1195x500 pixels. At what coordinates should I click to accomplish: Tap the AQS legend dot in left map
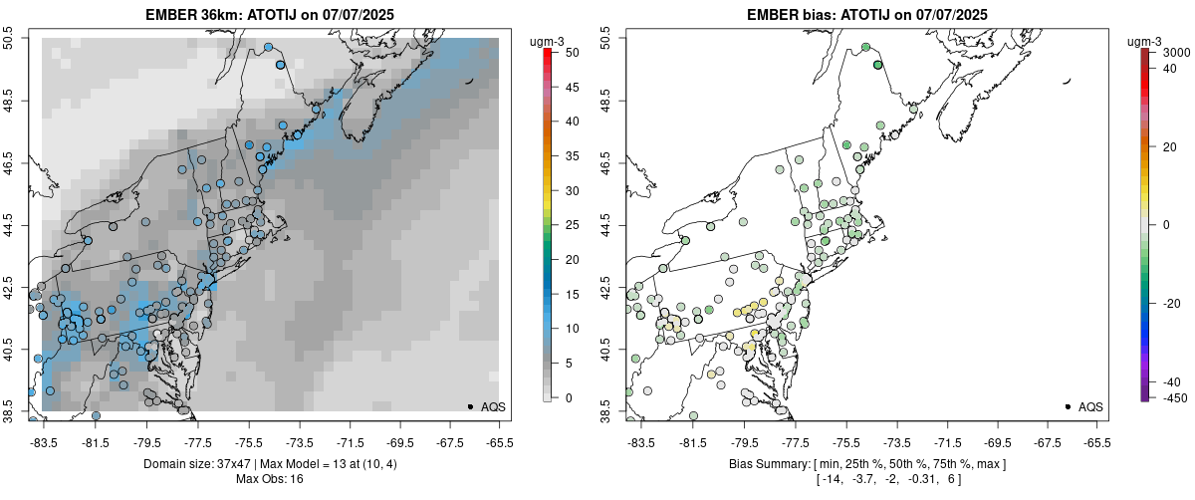click(x=469, y=406)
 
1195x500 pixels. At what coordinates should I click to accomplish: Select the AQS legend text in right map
click(x=1090, y=406)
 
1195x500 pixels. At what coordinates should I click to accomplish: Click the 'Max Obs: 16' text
click(x=270, y=479)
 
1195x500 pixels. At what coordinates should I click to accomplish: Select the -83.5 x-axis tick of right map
click(x=641, y=442)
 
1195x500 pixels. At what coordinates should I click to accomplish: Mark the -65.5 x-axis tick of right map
click(x=1096, y=442)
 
